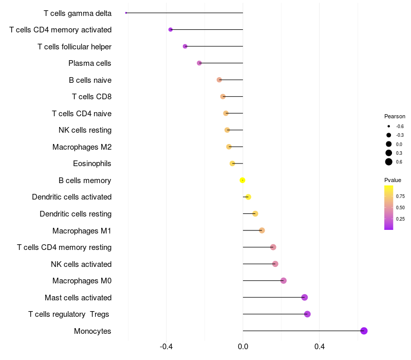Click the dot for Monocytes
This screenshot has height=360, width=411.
point(364,331)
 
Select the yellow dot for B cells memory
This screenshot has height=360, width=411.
point(242,180)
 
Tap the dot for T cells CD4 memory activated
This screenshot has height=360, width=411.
point(171,30)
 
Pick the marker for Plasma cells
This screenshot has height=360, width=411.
point(199,63)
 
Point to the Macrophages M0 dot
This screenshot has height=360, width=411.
point(283,281)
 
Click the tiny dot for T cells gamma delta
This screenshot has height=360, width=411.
point(126,13)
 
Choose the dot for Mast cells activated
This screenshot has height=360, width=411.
point(304,297)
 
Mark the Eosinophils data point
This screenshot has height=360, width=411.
point(232,164)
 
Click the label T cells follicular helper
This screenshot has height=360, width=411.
point(74,47)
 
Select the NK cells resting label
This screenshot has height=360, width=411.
point(85,130)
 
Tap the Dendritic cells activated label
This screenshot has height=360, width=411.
point(71,197)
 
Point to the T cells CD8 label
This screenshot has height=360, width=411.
point(91,97)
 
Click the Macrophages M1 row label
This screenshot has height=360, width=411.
point(82,230)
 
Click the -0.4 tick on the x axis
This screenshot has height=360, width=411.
point(166,347)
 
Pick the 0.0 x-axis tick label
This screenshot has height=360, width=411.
point(242,347)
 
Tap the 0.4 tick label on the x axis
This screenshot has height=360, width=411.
point(319,347)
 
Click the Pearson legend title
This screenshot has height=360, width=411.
point(395,116)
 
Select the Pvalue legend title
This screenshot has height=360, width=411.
point(393,180)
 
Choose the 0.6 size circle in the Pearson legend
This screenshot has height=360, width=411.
point(389,162)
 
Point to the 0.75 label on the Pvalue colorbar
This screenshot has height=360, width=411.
point(400,196)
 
